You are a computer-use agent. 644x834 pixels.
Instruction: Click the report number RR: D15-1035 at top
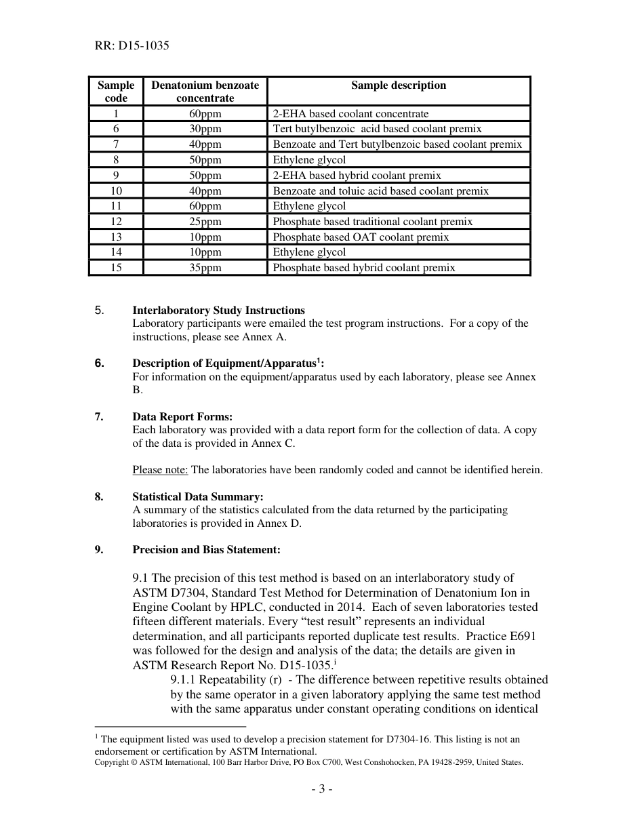point(132,46)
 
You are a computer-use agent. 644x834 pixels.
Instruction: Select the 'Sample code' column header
point(116,92)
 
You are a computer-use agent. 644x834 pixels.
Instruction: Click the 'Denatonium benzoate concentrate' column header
point(205,92)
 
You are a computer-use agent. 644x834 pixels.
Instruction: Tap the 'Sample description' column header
point(399,85)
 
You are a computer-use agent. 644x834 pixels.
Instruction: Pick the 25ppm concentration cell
point(205,222)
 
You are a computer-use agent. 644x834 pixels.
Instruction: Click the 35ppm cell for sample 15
point(205,268)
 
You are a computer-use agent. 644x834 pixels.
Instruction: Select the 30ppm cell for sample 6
point(205,129)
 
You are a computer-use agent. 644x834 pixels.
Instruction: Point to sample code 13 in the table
point(116,237)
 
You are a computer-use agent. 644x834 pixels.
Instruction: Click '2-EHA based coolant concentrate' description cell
point(350,114)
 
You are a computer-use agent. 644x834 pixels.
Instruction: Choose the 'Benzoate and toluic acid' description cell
point(380,191)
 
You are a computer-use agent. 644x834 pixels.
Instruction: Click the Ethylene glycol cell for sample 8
point(309,160)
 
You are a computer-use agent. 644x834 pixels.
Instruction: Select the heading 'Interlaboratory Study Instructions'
point(218,311)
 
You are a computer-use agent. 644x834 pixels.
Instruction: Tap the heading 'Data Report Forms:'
point(182,417)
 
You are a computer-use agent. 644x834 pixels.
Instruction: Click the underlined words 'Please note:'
point(160,470)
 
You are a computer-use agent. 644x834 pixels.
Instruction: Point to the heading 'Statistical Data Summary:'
point(197,497)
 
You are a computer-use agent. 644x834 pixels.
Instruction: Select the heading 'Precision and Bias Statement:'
point(206,550)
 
